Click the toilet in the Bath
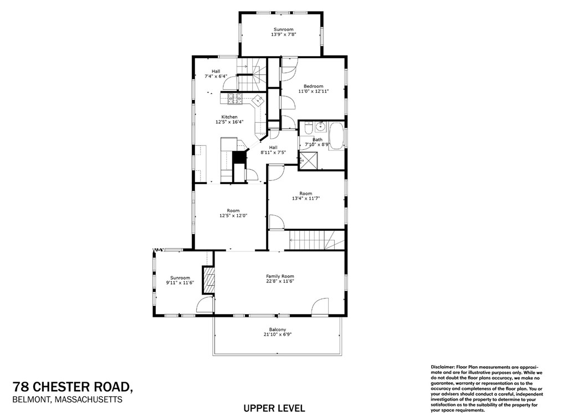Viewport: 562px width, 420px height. [307, 129]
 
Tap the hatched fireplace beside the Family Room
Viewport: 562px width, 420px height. [208, 280]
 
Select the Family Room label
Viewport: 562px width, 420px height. [280, 276]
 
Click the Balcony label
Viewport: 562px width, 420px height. [278, 330]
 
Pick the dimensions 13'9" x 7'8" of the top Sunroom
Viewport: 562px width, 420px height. [283, 34]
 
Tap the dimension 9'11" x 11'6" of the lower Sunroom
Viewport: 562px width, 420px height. [180, 283]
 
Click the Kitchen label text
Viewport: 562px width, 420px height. [229, 117]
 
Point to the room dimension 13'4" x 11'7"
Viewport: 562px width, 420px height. [306, 198]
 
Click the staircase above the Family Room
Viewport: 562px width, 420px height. [313, 241]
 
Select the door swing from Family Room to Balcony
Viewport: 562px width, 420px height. [320, 306]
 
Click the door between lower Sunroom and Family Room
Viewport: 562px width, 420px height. [205, 305]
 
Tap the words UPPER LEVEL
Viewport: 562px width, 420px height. [274, 408]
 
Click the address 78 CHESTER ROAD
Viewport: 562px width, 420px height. [73, 386]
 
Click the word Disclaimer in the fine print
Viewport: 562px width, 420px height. [442, 367]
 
